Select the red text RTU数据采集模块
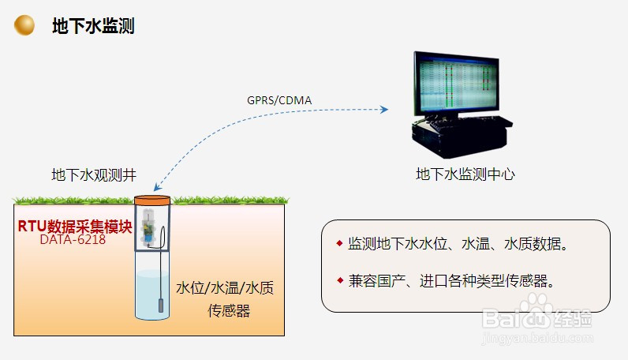(75, 226)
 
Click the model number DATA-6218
(73, 239)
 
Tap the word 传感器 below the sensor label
(228, 311)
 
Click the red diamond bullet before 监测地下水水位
(339, 242)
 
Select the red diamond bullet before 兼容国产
(339, 279)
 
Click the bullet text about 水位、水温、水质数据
(458, 243)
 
